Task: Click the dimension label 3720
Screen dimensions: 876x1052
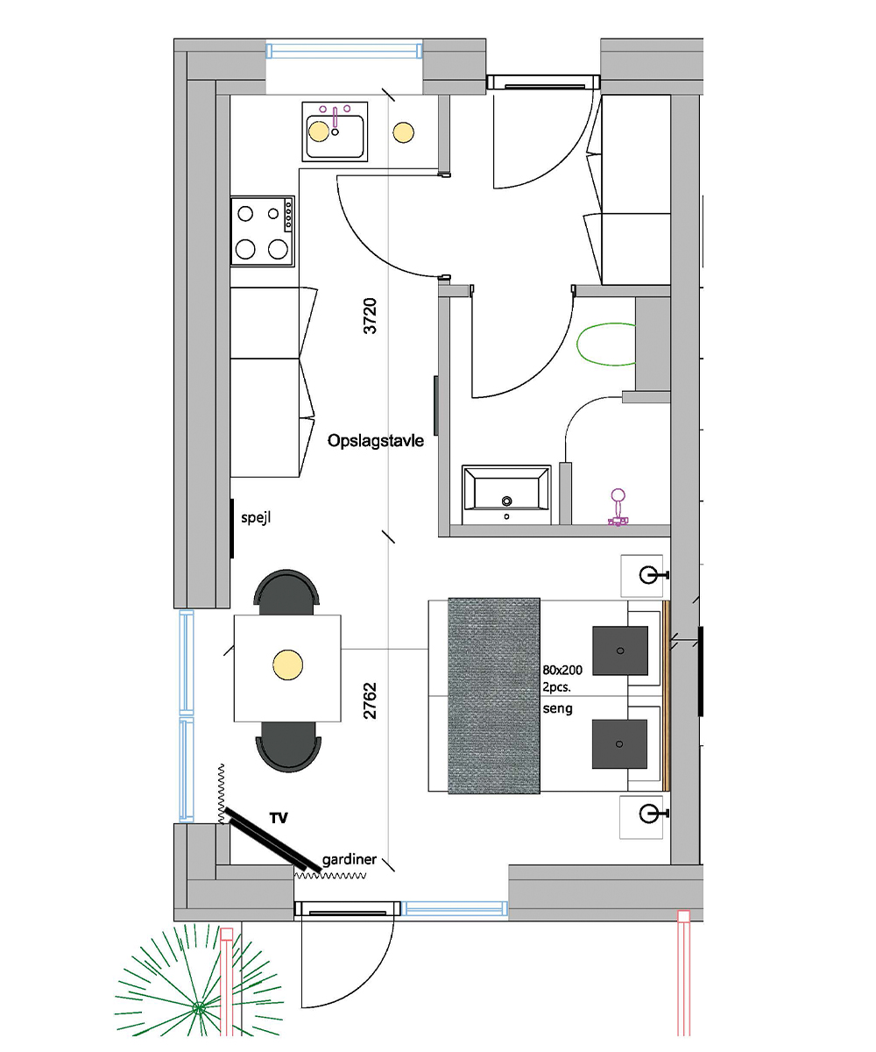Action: [x=370, y=316]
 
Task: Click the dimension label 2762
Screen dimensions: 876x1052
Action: [x=370, y=700]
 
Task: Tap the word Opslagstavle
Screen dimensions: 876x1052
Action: [x=376, y=441]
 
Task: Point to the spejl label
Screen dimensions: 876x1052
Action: [x=257, y=518]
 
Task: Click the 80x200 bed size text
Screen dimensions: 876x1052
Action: [x=562, y=670]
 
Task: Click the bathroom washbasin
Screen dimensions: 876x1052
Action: [x=506, y=494]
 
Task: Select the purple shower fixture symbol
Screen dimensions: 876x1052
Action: [x=618, y=508]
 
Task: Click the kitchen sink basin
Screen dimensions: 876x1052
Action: [x=335, y=132]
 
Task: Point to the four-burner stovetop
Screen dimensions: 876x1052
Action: [x=262, y=231]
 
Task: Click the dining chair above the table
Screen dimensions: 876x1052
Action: [x=287, y=593]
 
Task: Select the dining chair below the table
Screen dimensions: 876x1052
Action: [x=288, y=746]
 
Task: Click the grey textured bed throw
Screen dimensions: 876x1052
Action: [x=494, y=696]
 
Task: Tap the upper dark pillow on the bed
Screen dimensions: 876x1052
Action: [x=620, y=650]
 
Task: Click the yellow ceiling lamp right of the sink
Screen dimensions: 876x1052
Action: [x=403, y=132]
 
